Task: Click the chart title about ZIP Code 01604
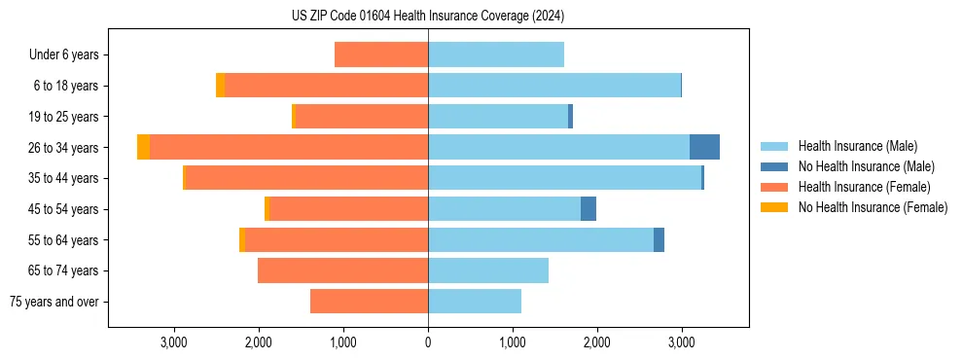[428, 16]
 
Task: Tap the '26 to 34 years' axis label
[64, 148]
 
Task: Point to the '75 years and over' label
[54, 302]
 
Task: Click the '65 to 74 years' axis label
[64, 270]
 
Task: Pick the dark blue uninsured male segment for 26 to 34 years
[704, 147]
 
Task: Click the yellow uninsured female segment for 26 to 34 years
[143, 147]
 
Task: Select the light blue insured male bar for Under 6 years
[496, 54]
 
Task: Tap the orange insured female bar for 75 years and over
[370, 302]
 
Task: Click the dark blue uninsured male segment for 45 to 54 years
[588, 209]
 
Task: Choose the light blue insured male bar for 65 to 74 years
[488, 270]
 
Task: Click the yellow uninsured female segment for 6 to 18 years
[221, 86]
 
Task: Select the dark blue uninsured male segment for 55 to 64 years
[659, 239]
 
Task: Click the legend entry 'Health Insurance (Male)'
[857, 146]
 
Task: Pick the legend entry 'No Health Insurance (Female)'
[873, 207]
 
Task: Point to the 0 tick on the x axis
[428, 342]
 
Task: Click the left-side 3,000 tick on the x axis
[173, 342]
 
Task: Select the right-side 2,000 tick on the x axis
[596, 342]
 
